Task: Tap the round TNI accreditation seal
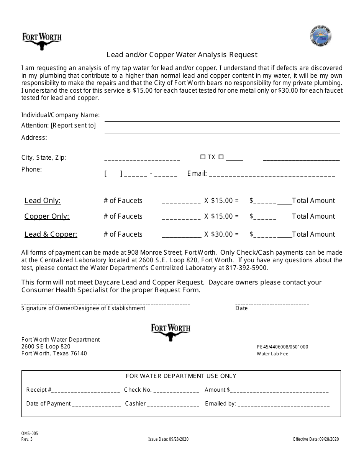pos(320,37)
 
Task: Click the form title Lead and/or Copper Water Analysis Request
pos(182,55)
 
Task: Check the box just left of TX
pos(203,157)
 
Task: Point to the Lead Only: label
pos(43,201)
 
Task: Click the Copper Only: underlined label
pos(47,216)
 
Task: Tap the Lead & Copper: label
pos(51,234)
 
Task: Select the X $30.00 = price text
pos(221,234)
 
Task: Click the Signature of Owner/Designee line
pos(106,303)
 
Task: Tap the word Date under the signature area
pos(241,308)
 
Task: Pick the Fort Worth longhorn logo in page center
pos(171,332)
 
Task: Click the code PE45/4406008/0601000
pos(282,347)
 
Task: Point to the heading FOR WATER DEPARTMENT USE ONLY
pos(181,376)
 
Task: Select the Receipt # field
pos(85,391)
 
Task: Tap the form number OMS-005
pos(30,433)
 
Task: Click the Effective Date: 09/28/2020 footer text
pos(316,439)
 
